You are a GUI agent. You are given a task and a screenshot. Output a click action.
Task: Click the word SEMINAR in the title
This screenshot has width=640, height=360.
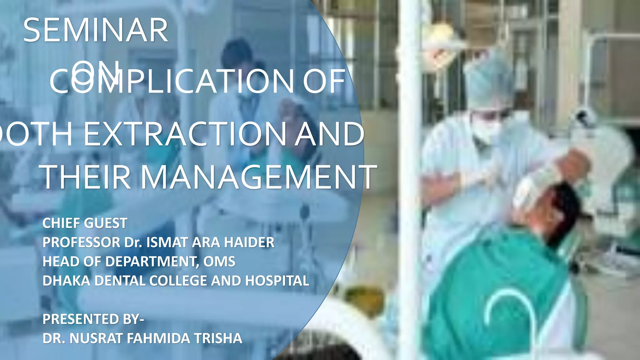pos(96,30)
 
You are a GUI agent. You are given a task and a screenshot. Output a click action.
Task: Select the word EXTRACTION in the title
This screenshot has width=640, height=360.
pos(186,134)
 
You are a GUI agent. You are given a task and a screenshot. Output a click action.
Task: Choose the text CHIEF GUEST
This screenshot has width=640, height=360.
pos(85,223)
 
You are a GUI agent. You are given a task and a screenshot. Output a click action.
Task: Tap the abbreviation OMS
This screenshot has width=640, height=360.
pos(219,262)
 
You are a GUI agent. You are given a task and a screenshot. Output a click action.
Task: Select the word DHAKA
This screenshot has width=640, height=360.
pos(66,281)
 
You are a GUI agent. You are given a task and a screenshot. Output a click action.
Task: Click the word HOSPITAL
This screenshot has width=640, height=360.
pos(277,281)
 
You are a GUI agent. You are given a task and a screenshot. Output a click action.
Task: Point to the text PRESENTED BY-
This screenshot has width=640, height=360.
pos(93,319)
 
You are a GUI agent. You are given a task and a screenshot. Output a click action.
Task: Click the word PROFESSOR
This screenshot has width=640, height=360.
pos(81,242)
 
